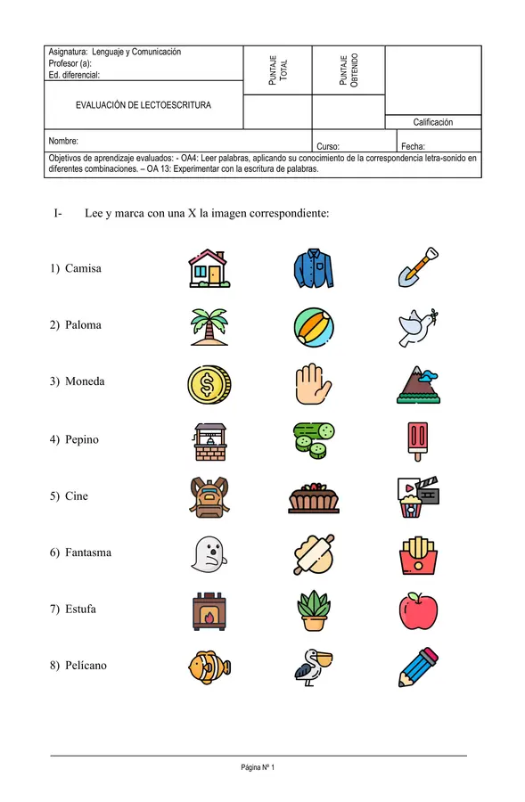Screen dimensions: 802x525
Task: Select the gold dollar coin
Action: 209,383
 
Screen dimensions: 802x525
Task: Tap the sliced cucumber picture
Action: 313,439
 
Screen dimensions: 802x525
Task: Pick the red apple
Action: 417,610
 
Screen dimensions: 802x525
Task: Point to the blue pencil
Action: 417,667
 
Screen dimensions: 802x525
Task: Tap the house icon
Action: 209,267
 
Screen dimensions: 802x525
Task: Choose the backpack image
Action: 209,496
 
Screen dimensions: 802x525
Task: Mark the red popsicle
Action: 416,439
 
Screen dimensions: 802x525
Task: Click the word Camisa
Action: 83,268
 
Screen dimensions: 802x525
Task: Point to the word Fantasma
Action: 88,552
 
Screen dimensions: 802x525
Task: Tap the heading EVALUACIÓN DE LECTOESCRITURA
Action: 144,105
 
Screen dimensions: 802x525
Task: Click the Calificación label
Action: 432,122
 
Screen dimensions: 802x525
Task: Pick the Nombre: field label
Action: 64,141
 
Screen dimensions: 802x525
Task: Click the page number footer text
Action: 258,767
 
